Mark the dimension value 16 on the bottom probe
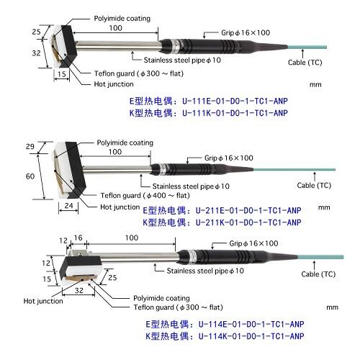[78, 238]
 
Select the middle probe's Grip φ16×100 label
[228, 157]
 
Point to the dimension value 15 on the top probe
[63, 74]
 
